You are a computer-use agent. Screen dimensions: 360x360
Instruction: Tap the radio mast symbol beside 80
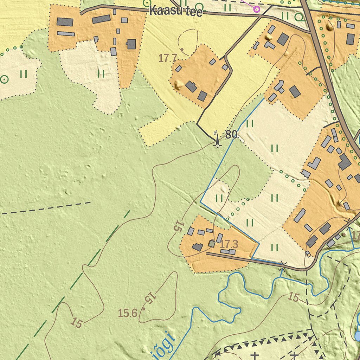click(217, 139)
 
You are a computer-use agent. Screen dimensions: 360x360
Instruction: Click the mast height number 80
click(231, 135)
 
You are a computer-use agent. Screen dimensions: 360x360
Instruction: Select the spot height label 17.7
click(167, 58)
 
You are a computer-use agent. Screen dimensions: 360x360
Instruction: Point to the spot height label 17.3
click(229, 244)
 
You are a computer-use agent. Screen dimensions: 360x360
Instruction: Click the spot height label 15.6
click(128, 313)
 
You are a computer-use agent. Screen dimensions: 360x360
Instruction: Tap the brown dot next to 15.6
click(143, 309)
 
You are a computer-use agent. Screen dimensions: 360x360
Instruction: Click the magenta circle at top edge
click(257, 9)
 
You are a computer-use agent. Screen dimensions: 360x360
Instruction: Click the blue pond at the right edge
click(357, 336)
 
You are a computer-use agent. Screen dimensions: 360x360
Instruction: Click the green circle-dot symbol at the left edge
click(5, 79)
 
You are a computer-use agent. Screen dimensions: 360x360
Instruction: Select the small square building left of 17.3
click(212, 244)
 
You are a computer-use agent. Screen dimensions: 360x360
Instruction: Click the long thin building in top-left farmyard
click(66, 34)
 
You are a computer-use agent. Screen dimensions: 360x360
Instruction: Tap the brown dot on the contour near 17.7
click(182, 49)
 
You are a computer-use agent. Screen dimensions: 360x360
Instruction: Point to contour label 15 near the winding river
click(294, 297)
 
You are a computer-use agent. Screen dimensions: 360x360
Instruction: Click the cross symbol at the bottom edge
click(255, 356)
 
